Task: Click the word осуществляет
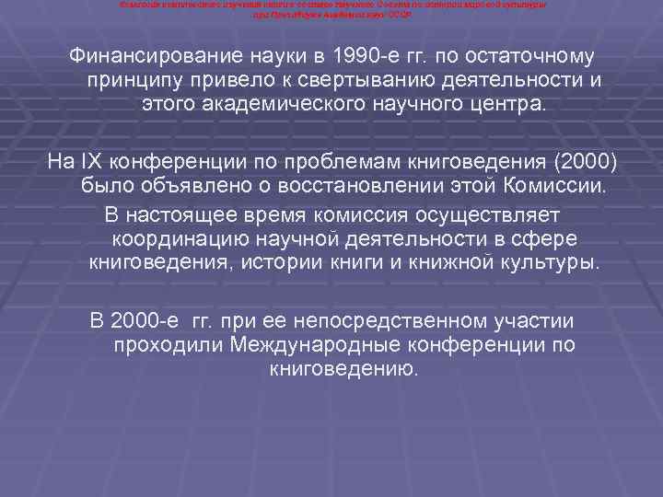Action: [x=497, y=214]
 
